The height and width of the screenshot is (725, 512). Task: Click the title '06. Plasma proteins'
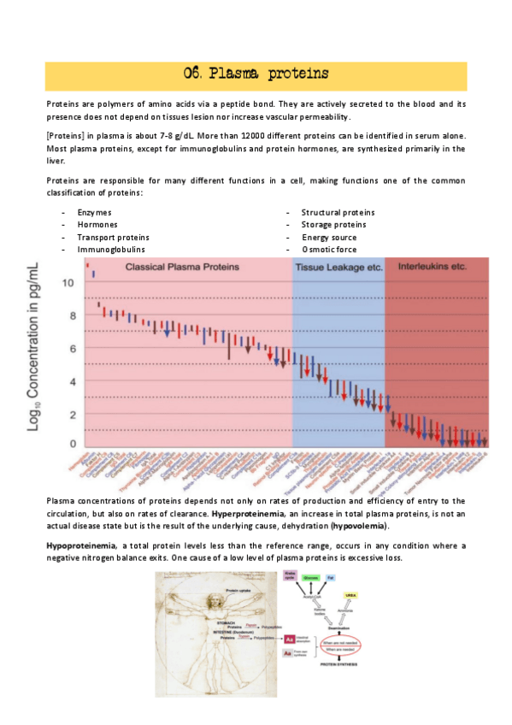tap(256, 74)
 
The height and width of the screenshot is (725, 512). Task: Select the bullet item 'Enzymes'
tap(94, 212)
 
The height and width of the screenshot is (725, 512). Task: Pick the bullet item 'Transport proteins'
tap(113, 237)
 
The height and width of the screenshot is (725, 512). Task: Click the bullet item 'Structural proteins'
tap(338, 212)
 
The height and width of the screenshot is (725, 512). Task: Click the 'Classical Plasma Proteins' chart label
tap(182, 268)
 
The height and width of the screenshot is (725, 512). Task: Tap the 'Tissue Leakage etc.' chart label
tap(338, 268)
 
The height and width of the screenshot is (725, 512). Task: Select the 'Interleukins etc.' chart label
tap(433, 267)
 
